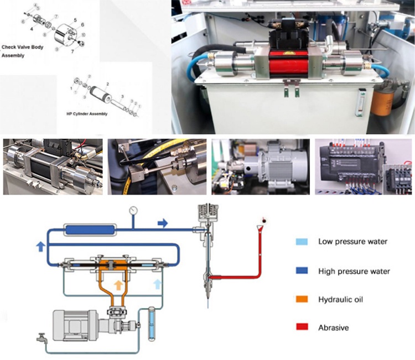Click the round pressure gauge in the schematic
click(133, 211)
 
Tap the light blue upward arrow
click(157, 285)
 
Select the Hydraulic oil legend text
click(340, 300)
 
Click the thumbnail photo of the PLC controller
click(364, 166)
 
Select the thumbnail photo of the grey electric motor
click(260, 166)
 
